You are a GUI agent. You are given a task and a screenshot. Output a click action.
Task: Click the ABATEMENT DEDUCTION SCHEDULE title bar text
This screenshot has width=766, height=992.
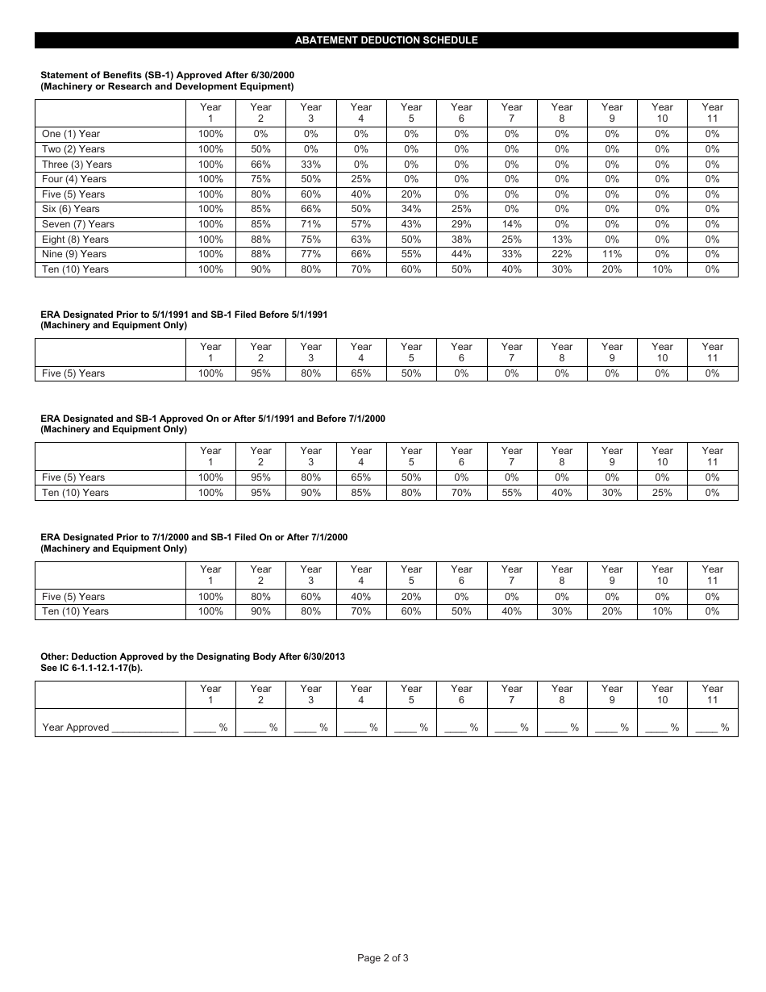pos(386,40)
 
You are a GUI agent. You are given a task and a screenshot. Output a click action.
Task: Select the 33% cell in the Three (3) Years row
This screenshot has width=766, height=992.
pos(310,164)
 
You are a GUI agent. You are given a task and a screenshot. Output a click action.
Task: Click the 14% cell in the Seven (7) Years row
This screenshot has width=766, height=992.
pos(511,224)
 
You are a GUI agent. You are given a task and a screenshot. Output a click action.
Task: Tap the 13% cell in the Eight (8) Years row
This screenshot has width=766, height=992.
pos(562,240)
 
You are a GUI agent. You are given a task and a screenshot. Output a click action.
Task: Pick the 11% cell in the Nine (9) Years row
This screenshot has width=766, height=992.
pos(612,254)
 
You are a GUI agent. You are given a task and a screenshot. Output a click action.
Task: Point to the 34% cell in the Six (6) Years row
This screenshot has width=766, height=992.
pos(411,209)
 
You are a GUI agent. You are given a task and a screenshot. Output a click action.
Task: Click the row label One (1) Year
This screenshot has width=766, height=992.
pos(71,134)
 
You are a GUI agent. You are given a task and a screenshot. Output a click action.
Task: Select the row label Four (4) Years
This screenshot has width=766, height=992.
pos(74,179)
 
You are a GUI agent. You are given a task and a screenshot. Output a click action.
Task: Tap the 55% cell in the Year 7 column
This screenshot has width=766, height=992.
pos(511,493)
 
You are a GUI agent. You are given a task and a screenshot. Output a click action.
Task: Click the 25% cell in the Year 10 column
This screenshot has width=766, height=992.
pos(662,493)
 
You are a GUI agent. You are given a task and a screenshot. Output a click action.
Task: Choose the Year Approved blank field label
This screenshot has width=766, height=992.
pos(110,727)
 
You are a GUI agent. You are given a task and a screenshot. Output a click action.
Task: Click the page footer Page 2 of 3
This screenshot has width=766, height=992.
pos(383,958)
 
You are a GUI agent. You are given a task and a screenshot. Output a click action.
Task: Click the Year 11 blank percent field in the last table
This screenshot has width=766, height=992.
pos(712,727)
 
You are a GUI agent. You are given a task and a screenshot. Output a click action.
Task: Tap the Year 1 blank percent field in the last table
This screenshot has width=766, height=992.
pos(210,727)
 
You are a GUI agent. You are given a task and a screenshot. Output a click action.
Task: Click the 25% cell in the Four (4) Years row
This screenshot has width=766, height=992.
pos(360,179)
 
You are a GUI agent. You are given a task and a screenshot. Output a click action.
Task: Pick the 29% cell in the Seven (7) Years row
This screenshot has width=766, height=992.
pos(461,224)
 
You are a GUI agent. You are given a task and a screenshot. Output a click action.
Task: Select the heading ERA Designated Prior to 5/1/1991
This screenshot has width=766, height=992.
pos(184,314)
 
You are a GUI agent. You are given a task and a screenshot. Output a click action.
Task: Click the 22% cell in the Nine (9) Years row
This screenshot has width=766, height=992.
pos(562,254)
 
